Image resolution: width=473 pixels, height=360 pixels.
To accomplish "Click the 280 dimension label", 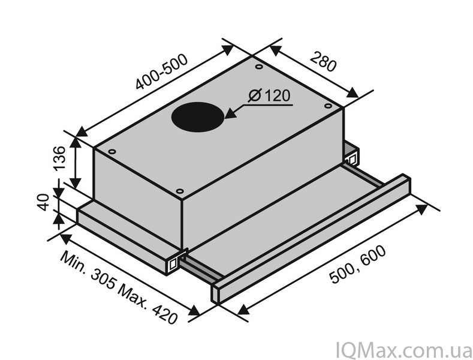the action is click(x=323, y=62).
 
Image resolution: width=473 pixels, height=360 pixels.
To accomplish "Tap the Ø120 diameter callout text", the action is click(x=269, y=96).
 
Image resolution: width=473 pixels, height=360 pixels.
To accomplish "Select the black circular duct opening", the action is click(x=198, y=116).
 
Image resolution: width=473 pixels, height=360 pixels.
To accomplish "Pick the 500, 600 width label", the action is click(x=357, y=264).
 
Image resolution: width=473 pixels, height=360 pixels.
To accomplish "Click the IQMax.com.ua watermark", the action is click(x=403, y=350).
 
